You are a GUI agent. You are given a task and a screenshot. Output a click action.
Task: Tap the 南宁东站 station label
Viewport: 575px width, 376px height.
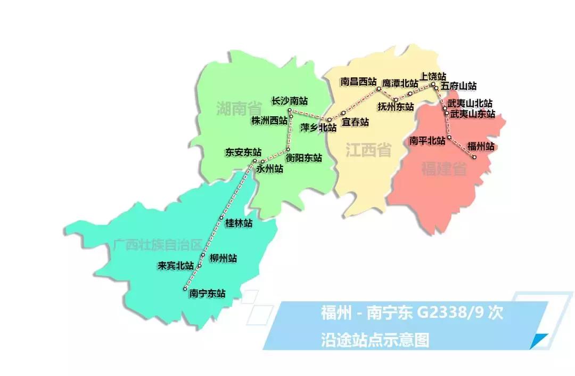click(207, 293)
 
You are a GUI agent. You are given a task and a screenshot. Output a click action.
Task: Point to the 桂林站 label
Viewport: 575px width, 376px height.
click(239, 223)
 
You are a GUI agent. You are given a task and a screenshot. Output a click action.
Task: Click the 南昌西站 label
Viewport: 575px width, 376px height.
click(358, 82)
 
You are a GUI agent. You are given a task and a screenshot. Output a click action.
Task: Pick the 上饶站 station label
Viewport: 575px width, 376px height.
click(433, 76)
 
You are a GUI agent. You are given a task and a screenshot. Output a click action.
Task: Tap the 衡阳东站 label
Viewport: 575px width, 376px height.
click(303, 158)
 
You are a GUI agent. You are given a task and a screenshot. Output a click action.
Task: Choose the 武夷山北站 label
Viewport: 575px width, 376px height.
click(470, 103)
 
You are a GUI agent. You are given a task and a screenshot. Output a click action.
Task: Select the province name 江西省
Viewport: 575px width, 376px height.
click(368, 150)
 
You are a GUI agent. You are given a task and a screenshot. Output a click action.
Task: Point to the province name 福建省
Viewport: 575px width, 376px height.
click(444, 170)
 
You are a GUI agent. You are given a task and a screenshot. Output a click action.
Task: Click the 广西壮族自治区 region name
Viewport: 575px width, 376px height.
click(158, 245)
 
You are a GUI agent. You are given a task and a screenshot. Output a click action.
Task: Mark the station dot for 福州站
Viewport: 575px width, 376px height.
click(473, 157)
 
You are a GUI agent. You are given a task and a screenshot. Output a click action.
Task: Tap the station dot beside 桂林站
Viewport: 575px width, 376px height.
click(221, 218)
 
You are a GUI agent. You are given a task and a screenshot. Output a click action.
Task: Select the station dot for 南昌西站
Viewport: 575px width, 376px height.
click(379, 89)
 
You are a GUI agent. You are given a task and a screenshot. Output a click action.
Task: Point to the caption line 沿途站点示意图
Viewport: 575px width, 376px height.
click(375, 339)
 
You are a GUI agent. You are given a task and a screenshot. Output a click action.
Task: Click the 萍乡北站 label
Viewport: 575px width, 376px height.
click(318, 128)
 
